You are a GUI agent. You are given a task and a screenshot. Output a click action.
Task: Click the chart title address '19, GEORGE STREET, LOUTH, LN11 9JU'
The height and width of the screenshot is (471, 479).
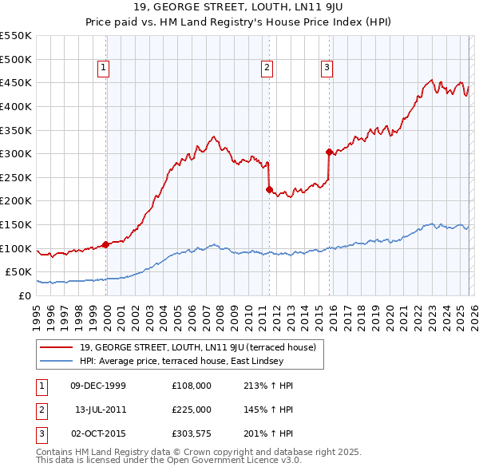(x=239, y=9)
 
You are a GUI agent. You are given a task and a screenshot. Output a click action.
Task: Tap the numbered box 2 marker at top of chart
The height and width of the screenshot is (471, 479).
(x=267, y=69)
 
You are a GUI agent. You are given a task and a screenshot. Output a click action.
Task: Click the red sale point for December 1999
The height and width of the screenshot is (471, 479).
(x=105, y=244)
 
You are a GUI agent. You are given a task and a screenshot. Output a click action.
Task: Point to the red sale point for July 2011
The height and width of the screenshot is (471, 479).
(x=269, y=189)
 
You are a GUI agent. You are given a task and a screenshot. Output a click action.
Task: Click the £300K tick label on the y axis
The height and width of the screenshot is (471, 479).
(x=16, y=153)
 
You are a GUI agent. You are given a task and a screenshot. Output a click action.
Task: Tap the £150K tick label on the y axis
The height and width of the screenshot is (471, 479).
(x=16, y=224)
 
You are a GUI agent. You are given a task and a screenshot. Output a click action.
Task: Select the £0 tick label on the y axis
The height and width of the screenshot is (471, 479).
(x=24, y=295)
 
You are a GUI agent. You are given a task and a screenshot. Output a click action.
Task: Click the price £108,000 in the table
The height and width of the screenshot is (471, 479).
(x=192, y=386)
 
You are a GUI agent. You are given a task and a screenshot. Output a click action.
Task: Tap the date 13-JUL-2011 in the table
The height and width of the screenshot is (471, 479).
(x=101, y=410)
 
